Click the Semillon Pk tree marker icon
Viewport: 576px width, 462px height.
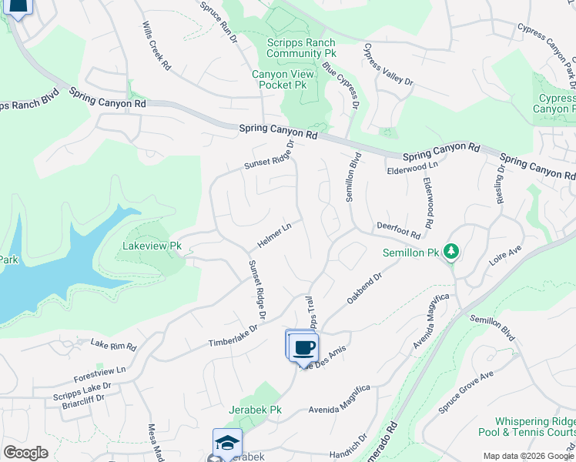coord(451,253)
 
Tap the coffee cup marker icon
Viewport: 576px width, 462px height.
coord(305,346)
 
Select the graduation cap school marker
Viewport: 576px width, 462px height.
coord(227,444)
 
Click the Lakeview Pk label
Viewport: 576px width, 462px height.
coord(152,246)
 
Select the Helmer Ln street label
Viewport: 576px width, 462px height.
coord(274,236)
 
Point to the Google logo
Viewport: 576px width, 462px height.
coord(25,453)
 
